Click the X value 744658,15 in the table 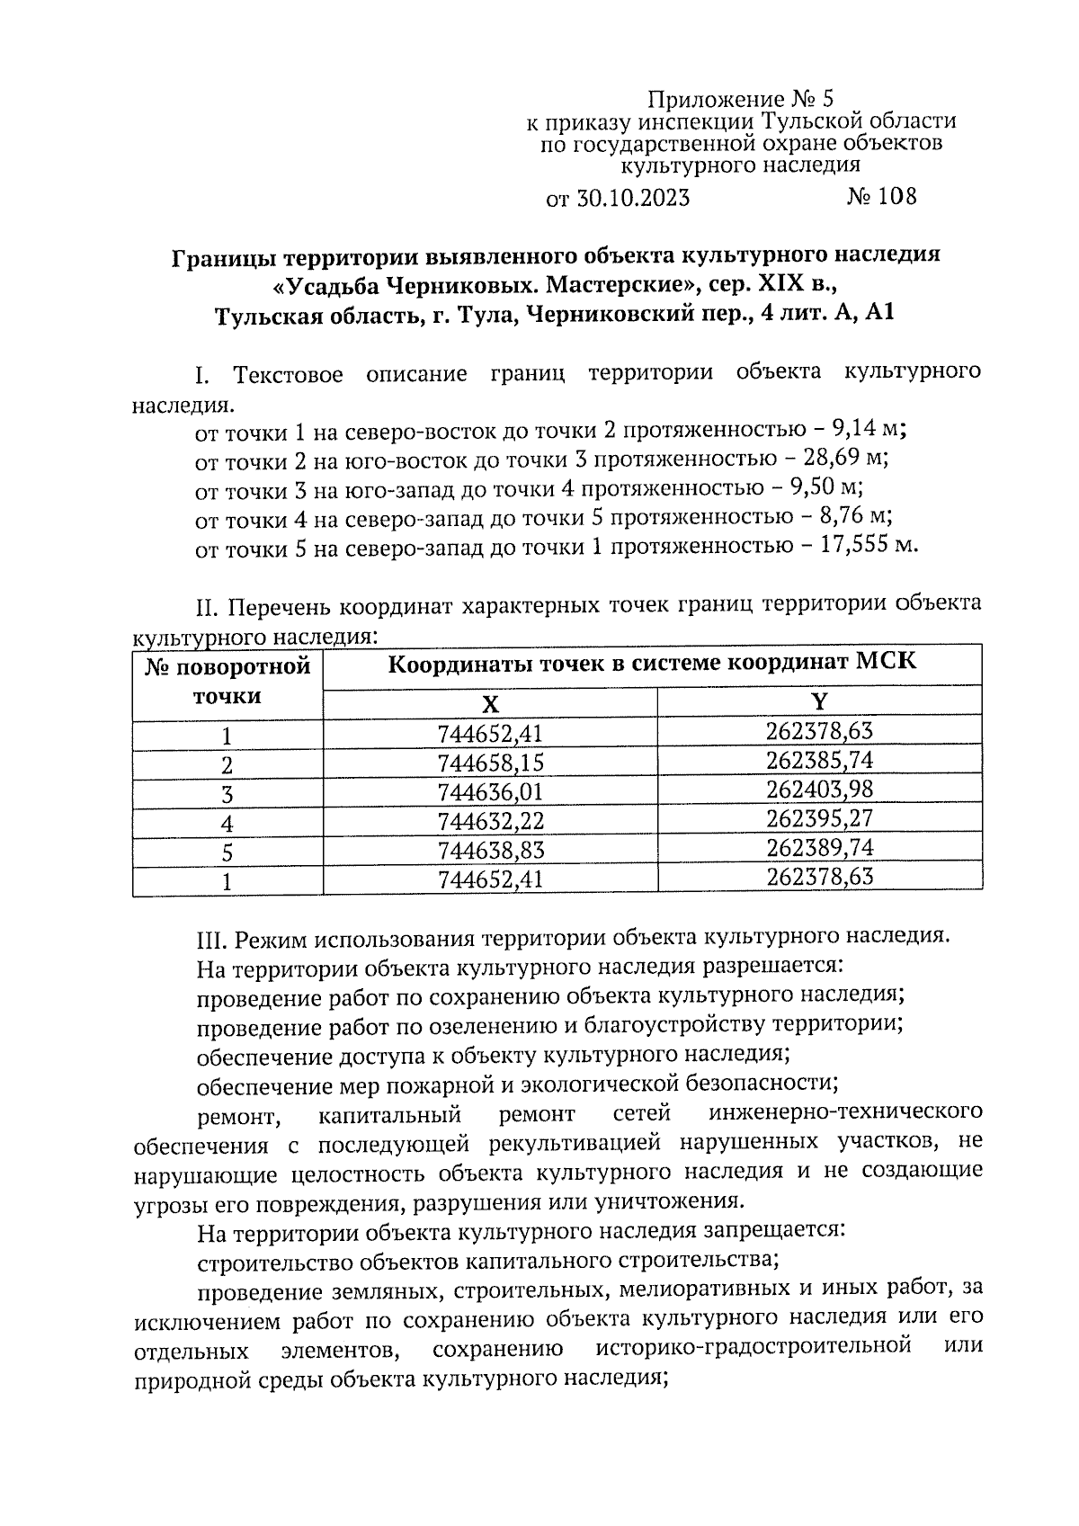click(x=490, y=763)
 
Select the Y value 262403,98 click(x=819, y=789)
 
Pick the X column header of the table click(x=489, y=703)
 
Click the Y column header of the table click(x=819, y=701)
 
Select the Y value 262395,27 click(x=819, y=818)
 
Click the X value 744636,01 click(x=490, y=792)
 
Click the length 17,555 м click(x=869, y=545)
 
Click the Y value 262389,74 click(x=819, y=847)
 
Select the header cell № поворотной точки click(x=227, y=681)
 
